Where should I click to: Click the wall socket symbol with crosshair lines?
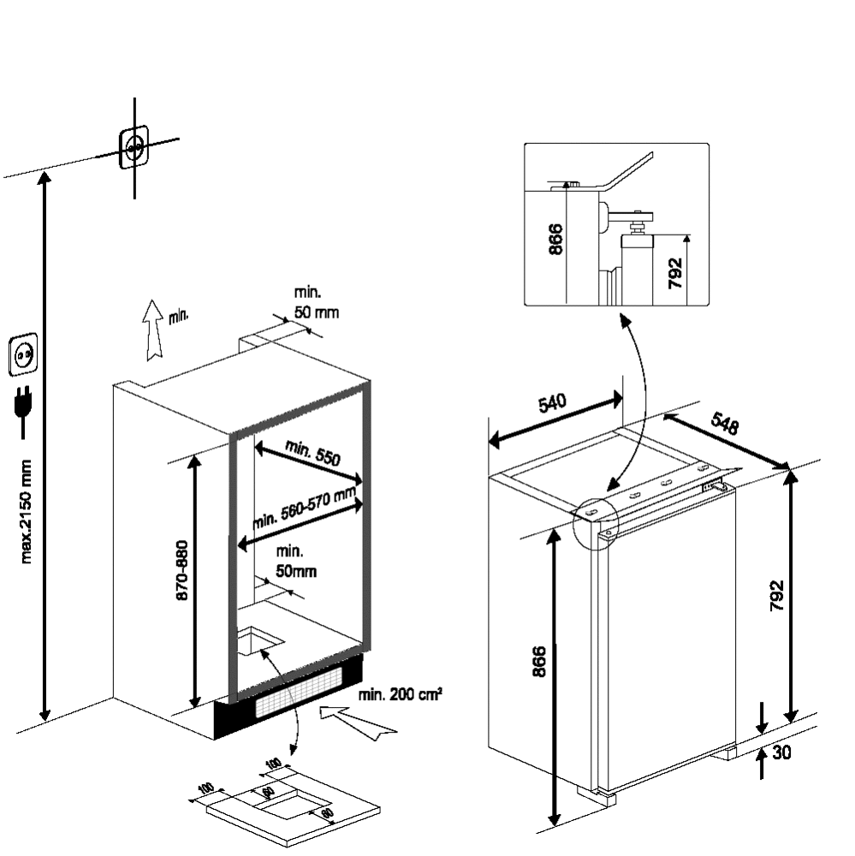(134, 147)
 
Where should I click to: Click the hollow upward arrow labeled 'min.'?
(153, 330)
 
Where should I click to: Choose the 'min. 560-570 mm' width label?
(304, 508)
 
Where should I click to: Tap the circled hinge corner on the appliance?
(596, 520)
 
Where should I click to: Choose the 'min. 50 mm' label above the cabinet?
(316, 303)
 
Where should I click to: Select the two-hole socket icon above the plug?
(23, 354)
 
